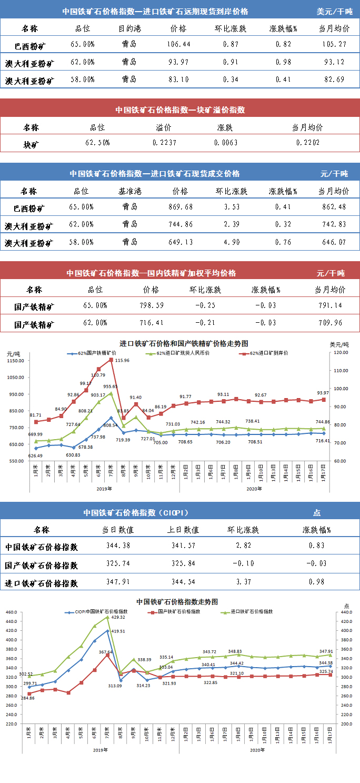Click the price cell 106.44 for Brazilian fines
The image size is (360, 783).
click(x=179, y=45)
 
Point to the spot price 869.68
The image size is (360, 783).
click(x=179, y=207)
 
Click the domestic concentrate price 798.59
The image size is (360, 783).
click(x=151, y=305)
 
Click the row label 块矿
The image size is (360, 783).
click(x=31, y=143)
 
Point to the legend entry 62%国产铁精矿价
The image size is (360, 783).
click(x=94, y=353)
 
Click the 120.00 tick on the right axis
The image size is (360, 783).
click(x=342, y=352)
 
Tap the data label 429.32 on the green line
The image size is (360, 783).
click(x=118, y=617)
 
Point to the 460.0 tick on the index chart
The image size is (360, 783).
click(x=12, y=612)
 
